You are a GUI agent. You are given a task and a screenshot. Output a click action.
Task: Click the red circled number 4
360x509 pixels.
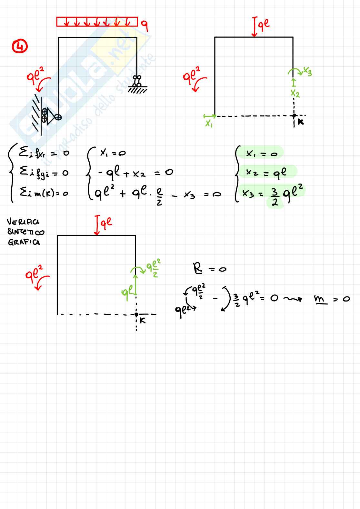[20, 47]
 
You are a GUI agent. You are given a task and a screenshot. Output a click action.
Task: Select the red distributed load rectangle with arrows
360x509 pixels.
[97, 22]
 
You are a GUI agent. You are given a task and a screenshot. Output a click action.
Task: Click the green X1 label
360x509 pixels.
[209, 123]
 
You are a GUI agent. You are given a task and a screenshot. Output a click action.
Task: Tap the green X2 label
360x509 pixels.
[295, 94]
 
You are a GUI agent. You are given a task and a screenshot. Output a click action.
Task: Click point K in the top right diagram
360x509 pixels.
[294, 115]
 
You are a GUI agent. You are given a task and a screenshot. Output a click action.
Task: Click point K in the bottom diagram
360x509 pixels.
[136, 314]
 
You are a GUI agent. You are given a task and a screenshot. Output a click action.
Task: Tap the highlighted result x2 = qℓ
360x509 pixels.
[266, 173]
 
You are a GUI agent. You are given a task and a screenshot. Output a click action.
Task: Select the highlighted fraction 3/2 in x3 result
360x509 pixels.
[275, 198]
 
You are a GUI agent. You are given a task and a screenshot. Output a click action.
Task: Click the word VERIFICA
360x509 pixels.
[23, 222]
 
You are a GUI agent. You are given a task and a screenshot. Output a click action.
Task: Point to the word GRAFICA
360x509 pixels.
[24, 242]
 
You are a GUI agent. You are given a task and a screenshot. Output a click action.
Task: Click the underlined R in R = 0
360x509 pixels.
[197, 268]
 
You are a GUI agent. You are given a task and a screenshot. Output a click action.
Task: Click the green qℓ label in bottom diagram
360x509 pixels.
[127, 292]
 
